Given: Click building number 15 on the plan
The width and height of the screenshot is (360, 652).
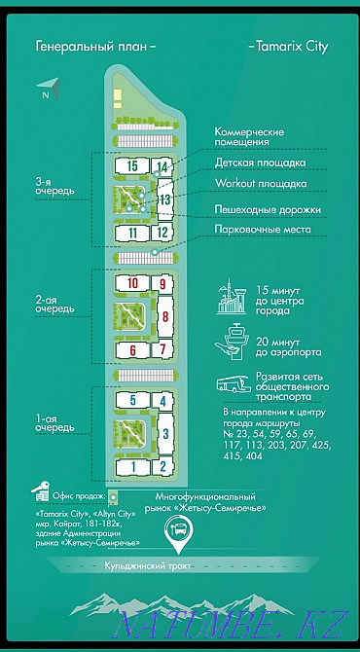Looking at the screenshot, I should (x=131, y=166).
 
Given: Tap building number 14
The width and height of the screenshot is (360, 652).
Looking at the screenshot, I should (x=162, y=167).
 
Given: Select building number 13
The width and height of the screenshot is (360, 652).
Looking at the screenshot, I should (x=165, y=200).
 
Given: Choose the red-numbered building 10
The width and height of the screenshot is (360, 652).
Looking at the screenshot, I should (x=132, y=283).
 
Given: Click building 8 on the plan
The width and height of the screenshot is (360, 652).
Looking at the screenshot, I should (x=165, y=316).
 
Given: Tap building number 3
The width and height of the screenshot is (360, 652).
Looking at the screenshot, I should (x=165, y=433).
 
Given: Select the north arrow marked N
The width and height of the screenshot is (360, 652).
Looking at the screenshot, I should (x=48, y=89).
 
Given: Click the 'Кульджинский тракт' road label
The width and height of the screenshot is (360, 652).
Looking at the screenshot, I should (x=179, y=565).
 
